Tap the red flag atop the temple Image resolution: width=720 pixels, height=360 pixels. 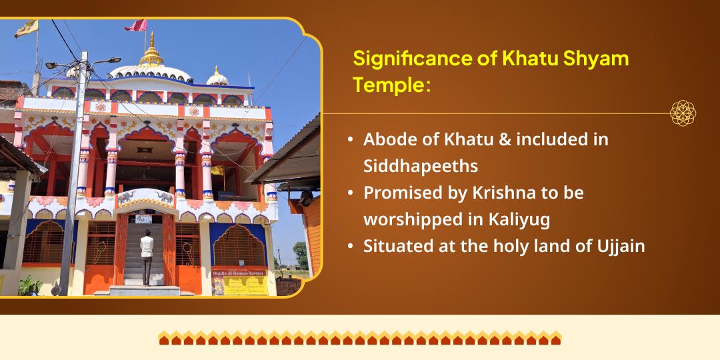click(136, 25)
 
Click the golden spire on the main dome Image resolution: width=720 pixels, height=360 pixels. click(151, 52)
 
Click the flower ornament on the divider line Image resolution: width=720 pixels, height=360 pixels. click(683, 113)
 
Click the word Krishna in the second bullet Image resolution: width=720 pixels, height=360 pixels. click(497, 193)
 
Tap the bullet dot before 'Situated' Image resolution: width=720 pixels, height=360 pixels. click(351, 246)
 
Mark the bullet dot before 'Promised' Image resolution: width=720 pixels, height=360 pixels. click(351, 193)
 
